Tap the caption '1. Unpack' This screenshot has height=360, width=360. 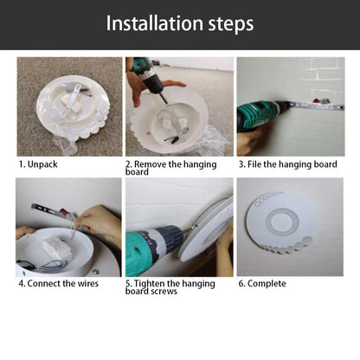tap(38, 164)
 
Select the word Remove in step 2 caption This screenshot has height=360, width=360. tap(150, 164)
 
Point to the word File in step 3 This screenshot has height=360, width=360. tap(254, 164)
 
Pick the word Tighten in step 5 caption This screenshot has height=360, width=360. tap(150, 284)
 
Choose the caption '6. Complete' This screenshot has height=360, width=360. tap(262, 284)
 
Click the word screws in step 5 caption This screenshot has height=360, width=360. tap(163, 291)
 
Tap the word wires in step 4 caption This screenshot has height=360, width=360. tap(88, 283)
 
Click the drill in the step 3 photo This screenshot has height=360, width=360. tap(261, 114)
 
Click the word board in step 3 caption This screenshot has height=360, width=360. tap(325, 164)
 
